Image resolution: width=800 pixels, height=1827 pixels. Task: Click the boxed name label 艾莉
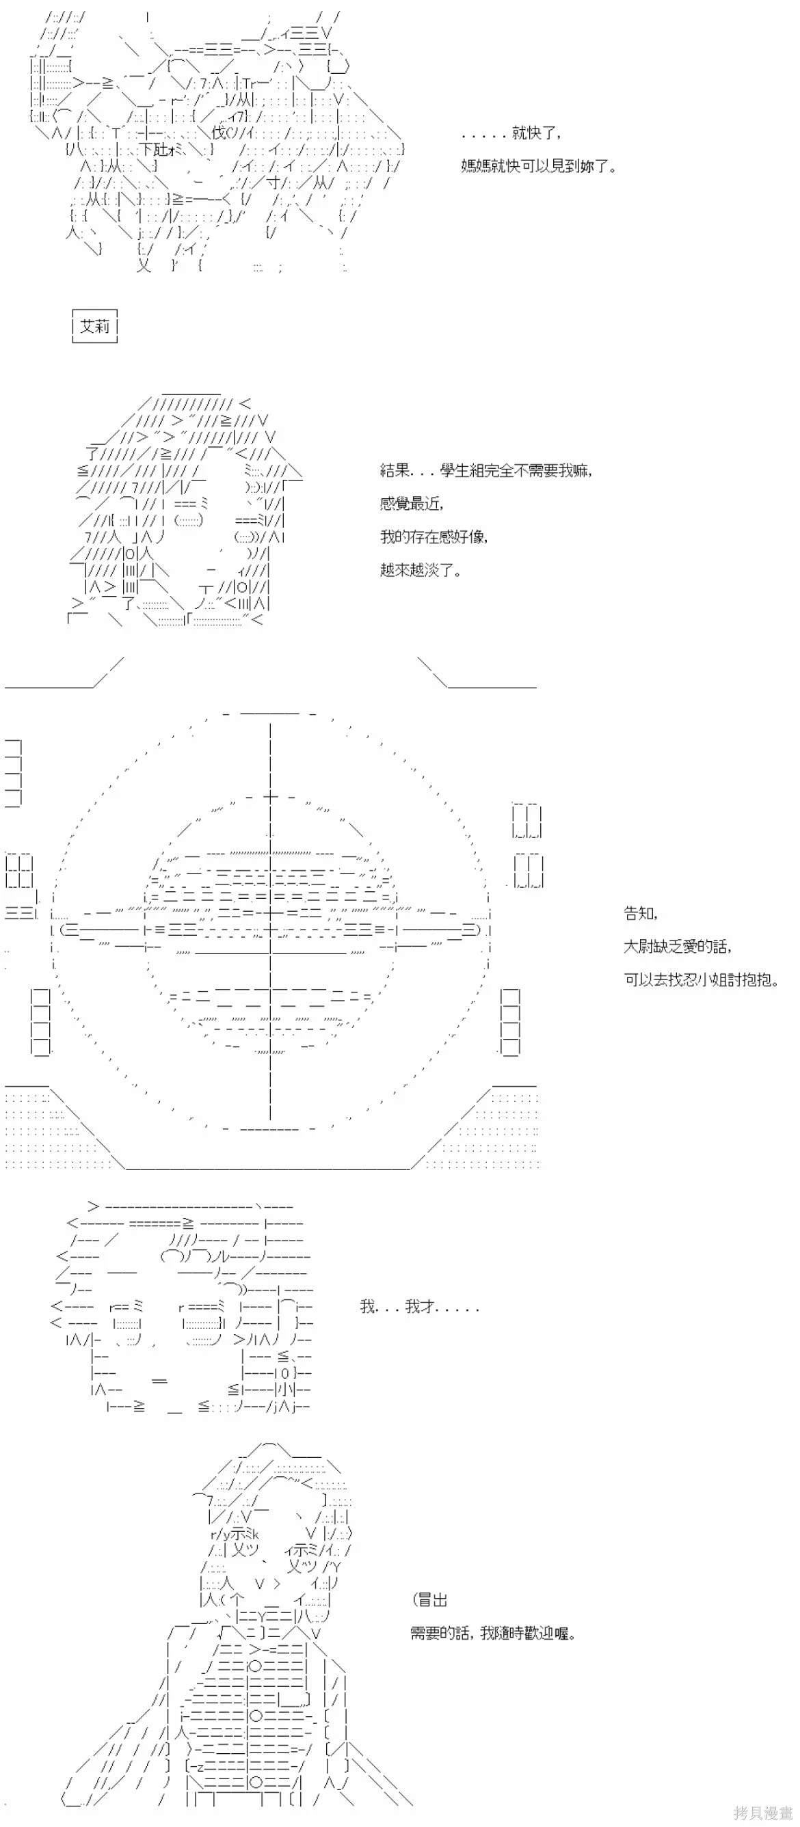coord(95,326)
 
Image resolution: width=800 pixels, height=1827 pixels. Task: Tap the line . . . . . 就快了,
coord(511,133)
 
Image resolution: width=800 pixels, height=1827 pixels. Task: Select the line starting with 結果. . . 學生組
coord(486,470)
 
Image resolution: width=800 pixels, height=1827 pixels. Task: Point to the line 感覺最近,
coord(412,503)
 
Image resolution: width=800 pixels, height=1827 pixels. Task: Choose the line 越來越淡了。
coord(421,569)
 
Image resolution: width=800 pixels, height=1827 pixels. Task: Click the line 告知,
coord(641,912)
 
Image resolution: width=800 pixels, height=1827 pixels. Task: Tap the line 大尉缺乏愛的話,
coord(678,946)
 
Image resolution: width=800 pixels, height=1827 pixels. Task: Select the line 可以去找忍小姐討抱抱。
coord(702,979)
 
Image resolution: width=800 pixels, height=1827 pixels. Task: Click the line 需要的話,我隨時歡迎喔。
coord(494,1633)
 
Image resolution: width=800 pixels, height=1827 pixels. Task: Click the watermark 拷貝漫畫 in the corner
coord(763,1813)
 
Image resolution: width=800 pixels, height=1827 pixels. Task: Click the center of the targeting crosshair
coord(270,928)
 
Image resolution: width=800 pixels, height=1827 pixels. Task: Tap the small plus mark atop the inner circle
coord(270,797)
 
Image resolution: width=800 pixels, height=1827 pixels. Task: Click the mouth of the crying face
coord(159,1380)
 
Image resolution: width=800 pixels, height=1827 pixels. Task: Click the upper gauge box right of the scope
coord(527,822)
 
